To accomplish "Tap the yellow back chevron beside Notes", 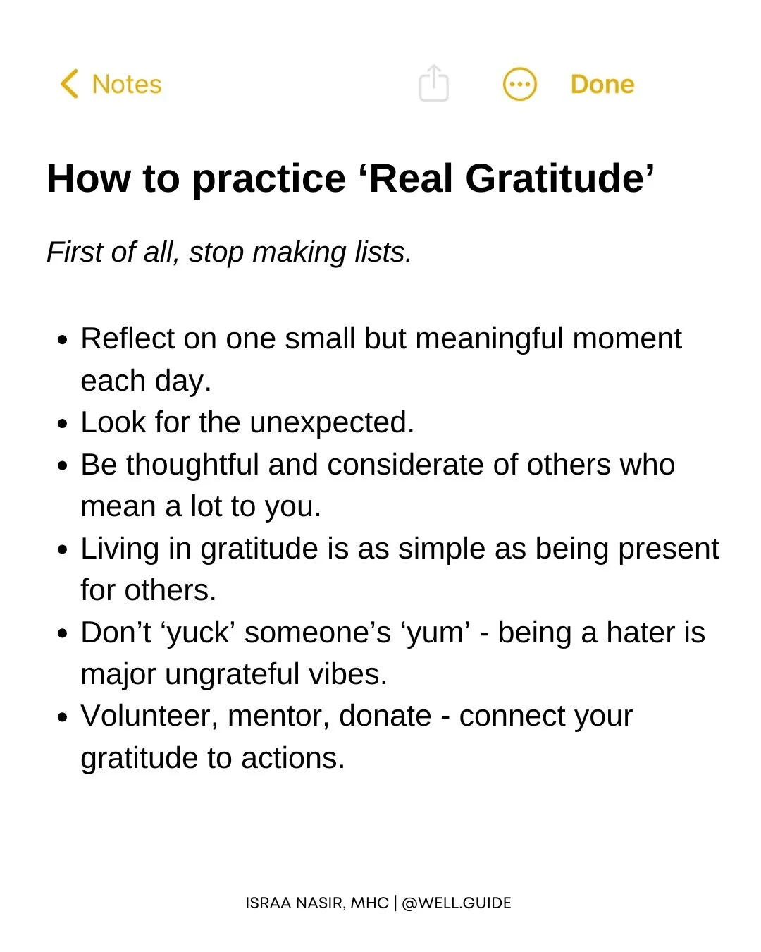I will pyautogui.click(x=69, y=84).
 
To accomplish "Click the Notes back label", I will pyautogui.click(x=127, y=85).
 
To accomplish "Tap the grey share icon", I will pyautogui.click(x=433, y=83).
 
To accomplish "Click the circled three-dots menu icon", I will pyautogui.click(x=520, y=85).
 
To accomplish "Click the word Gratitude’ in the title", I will pyautogui.click(x=560, y=178).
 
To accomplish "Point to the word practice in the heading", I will pyautogui.click(x=268, y=180).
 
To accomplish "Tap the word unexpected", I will pyautogui.click(x=331, y=422).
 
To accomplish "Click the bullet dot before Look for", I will pyautogui.click(x=63, y=425).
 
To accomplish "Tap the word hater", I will pyautogui.click(x=640, y=633).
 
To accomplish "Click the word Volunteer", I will pyautogui.click(x=150, y=716).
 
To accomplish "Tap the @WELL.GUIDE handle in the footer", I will pyautogui.click(x=457, y=903).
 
